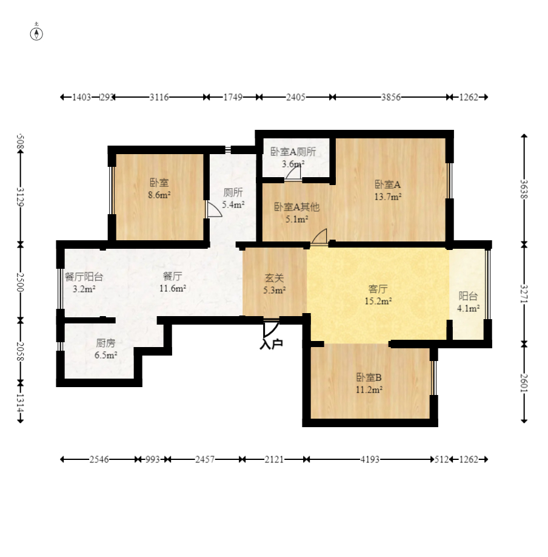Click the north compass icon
[38, 33]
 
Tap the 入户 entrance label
[271, 344]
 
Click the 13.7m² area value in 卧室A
[388, 196]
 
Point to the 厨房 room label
[105, 343]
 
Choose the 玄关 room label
[274, 278]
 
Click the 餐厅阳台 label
[84, 277]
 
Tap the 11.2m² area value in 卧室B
[369, 390]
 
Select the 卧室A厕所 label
[293, 152]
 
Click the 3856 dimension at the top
[390, 97]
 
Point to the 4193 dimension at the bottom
[369, 459]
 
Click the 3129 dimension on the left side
[21, 197]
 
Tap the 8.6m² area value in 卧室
[159, 195]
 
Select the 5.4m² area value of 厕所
[233, 204]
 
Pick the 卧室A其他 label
[296, 207]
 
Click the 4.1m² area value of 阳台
[468, 308]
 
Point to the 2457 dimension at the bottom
[204, 459]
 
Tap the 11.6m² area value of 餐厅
[173, 289]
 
